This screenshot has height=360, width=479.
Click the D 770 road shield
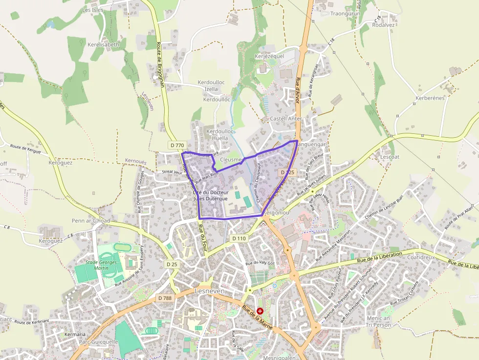(x=177, y=145)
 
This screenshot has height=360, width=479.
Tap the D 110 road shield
(x=239, y=238)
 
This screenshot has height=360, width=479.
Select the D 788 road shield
(x=164, y=297)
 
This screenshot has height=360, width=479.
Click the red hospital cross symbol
(x=260, y=311)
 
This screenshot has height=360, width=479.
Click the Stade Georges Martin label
(x=101, y=265)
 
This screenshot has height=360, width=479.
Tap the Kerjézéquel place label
(x=269, y=56)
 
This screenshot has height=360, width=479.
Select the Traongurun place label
(x=345, y=14)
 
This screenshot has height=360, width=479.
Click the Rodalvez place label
(x=383, y=25)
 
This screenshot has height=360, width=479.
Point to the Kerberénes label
(x=430, y=98)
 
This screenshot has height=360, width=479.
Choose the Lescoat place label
(x=390, y=157)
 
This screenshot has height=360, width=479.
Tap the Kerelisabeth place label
(x=103, y=44)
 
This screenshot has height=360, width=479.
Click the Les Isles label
(x=93, y=9)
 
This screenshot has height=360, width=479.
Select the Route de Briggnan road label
(x=160, y=64)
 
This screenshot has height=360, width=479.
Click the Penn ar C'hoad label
(x=91, y=221)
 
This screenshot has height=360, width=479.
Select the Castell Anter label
(x=286, y=119)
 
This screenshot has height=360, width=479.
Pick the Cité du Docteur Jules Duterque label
(x=211, y=195)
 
